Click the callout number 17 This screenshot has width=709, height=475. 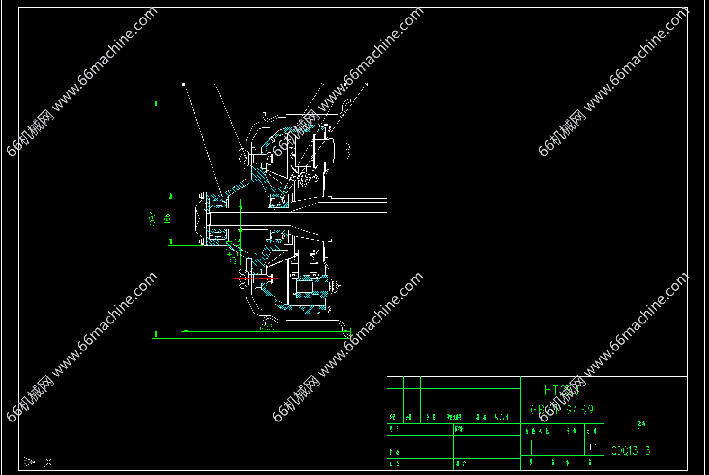(x=214, y=85)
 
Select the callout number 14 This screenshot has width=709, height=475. (x=323, y=85)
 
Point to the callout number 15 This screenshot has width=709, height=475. (x=345, y=85)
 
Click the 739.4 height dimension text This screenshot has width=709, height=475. (x=152, y=218)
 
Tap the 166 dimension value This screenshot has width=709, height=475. (x=167, y=218)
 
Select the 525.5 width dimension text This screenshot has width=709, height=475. (x=266, y=327)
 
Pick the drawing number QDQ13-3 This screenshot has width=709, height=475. (x=630, y=450)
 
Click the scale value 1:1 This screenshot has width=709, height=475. (x=593, y=447)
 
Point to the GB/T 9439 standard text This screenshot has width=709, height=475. (x=562, y=410)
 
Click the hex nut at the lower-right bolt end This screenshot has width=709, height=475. (x=334, y=287)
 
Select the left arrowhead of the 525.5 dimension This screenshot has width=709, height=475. (x=185, y=331)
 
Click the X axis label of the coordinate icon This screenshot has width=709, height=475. (x=48, y=462)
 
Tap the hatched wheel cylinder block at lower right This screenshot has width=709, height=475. (x=303, y=288)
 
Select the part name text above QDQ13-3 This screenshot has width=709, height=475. (x=641, y=425)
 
